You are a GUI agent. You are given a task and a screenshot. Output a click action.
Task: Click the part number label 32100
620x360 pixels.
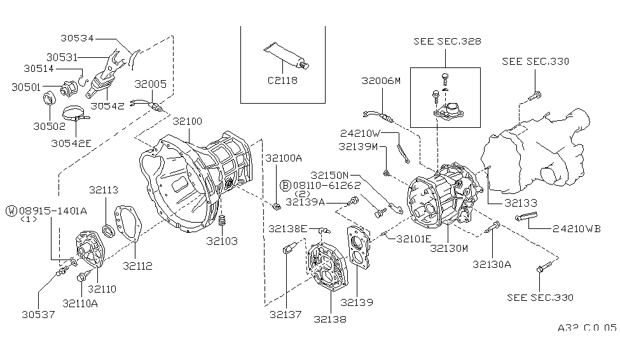pos(188,121)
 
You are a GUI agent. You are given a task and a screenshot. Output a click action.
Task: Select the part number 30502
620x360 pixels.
pos(49,126)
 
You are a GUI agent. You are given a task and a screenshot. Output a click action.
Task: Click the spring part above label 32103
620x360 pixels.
pos(223,222)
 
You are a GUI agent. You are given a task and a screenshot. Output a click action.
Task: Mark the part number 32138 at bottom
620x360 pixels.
pos(330,319)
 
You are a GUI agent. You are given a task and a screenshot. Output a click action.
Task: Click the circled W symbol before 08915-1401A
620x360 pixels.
pos(11,209)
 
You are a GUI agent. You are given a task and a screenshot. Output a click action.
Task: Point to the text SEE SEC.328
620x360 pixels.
pos(446,41)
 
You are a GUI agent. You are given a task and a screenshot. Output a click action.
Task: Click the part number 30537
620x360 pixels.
pos(38,314)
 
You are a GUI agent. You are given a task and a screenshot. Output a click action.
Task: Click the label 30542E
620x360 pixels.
pos(71,143)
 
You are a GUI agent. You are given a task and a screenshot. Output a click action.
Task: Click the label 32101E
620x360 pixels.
pos(413,239)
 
